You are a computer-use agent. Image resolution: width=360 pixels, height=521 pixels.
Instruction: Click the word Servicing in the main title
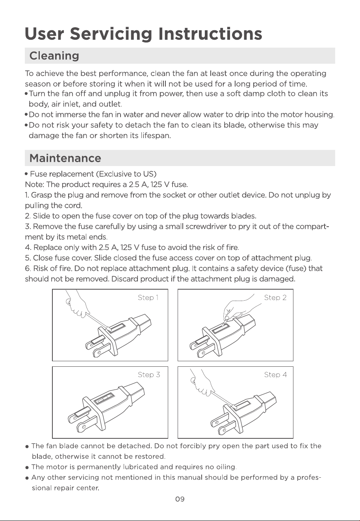(111, 34)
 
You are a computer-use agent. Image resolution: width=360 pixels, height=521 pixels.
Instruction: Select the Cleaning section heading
(54, 56)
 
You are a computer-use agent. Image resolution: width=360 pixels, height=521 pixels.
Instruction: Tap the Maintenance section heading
(65, 158)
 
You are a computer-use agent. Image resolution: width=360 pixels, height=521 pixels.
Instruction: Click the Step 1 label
(148, 298)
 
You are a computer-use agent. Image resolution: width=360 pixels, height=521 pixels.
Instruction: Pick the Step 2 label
(275, 298)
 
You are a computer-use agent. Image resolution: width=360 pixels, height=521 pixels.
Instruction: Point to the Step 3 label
(149, 375)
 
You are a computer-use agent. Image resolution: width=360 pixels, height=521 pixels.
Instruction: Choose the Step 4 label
(275, 375)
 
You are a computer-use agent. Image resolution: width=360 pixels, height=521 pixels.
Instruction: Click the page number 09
(180, 499)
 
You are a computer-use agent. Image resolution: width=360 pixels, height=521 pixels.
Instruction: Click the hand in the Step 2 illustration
(240, 307)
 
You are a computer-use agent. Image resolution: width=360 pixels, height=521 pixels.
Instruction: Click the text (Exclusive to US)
(126, 174)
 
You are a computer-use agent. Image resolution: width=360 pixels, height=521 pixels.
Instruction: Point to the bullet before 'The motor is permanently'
(27, 467)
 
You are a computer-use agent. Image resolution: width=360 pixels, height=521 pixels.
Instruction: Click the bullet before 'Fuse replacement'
(27, 174)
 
